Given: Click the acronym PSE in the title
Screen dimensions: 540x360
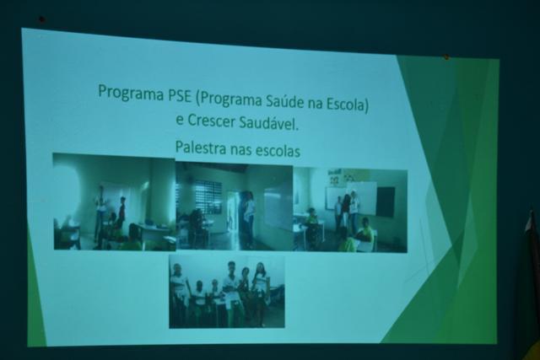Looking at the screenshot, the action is click(179, 95).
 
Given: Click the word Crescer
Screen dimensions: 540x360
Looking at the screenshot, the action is click(212, 121).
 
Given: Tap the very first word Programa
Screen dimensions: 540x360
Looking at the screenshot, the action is click(131, 93).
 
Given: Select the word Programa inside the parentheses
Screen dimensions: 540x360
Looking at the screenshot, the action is click(230, 99).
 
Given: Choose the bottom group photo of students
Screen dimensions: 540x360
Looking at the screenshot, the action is click(227, 291).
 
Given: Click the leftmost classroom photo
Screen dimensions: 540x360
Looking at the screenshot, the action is click(115, 202).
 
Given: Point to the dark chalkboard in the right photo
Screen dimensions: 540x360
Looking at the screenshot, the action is click(386, 201).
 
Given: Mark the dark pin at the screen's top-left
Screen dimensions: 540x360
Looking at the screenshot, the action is click(41, 19).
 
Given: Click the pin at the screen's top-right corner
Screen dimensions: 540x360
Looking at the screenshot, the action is click(446, 56).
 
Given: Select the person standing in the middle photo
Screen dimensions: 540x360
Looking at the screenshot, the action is click(248, 219).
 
